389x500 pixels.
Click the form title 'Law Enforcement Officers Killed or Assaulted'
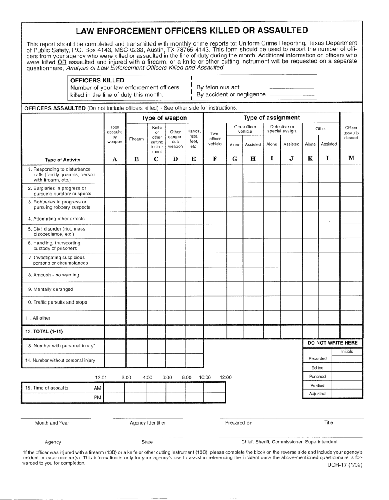pos(192,30)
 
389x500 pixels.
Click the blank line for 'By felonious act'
pos(292,88)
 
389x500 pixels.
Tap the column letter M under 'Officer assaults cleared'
pos(351,159)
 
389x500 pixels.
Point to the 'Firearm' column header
pos(136,139)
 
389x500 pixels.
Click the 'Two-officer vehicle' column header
pos(215,139)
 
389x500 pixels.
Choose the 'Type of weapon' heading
pos(164,118)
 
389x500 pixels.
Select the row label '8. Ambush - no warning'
pos(53,275)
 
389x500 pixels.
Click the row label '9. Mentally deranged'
pos(50,289)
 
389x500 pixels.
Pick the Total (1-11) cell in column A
pos(115,331)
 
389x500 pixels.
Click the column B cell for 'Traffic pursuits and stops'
pos(136,303)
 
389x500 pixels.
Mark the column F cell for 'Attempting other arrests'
pos(215,219)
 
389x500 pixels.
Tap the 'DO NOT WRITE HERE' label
pos(332,342)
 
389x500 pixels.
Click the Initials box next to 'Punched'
pos(347,377)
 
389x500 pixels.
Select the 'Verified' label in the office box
pos(317,386)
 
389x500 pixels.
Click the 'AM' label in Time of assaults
pos(97,388)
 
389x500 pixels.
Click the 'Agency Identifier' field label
pos(147,423)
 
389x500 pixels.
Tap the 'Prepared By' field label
pos(238,423)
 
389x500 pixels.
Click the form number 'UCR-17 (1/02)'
pos(344,465)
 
